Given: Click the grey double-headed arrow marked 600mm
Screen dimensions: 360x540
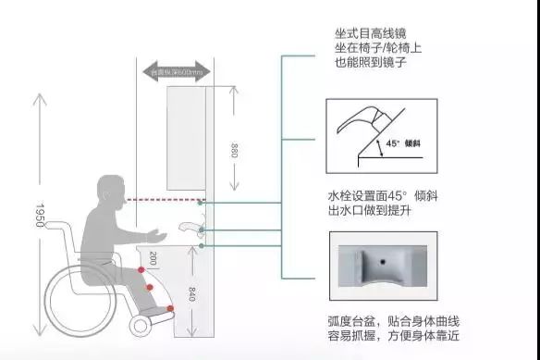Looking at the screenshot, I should click(x=175, y=70).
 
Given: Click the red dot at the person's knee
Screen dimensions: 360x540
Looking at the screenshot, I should click(x=141, y=267).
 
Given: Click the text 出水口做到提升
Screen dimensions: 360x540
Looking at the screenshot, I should click(x=355, y=214).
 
